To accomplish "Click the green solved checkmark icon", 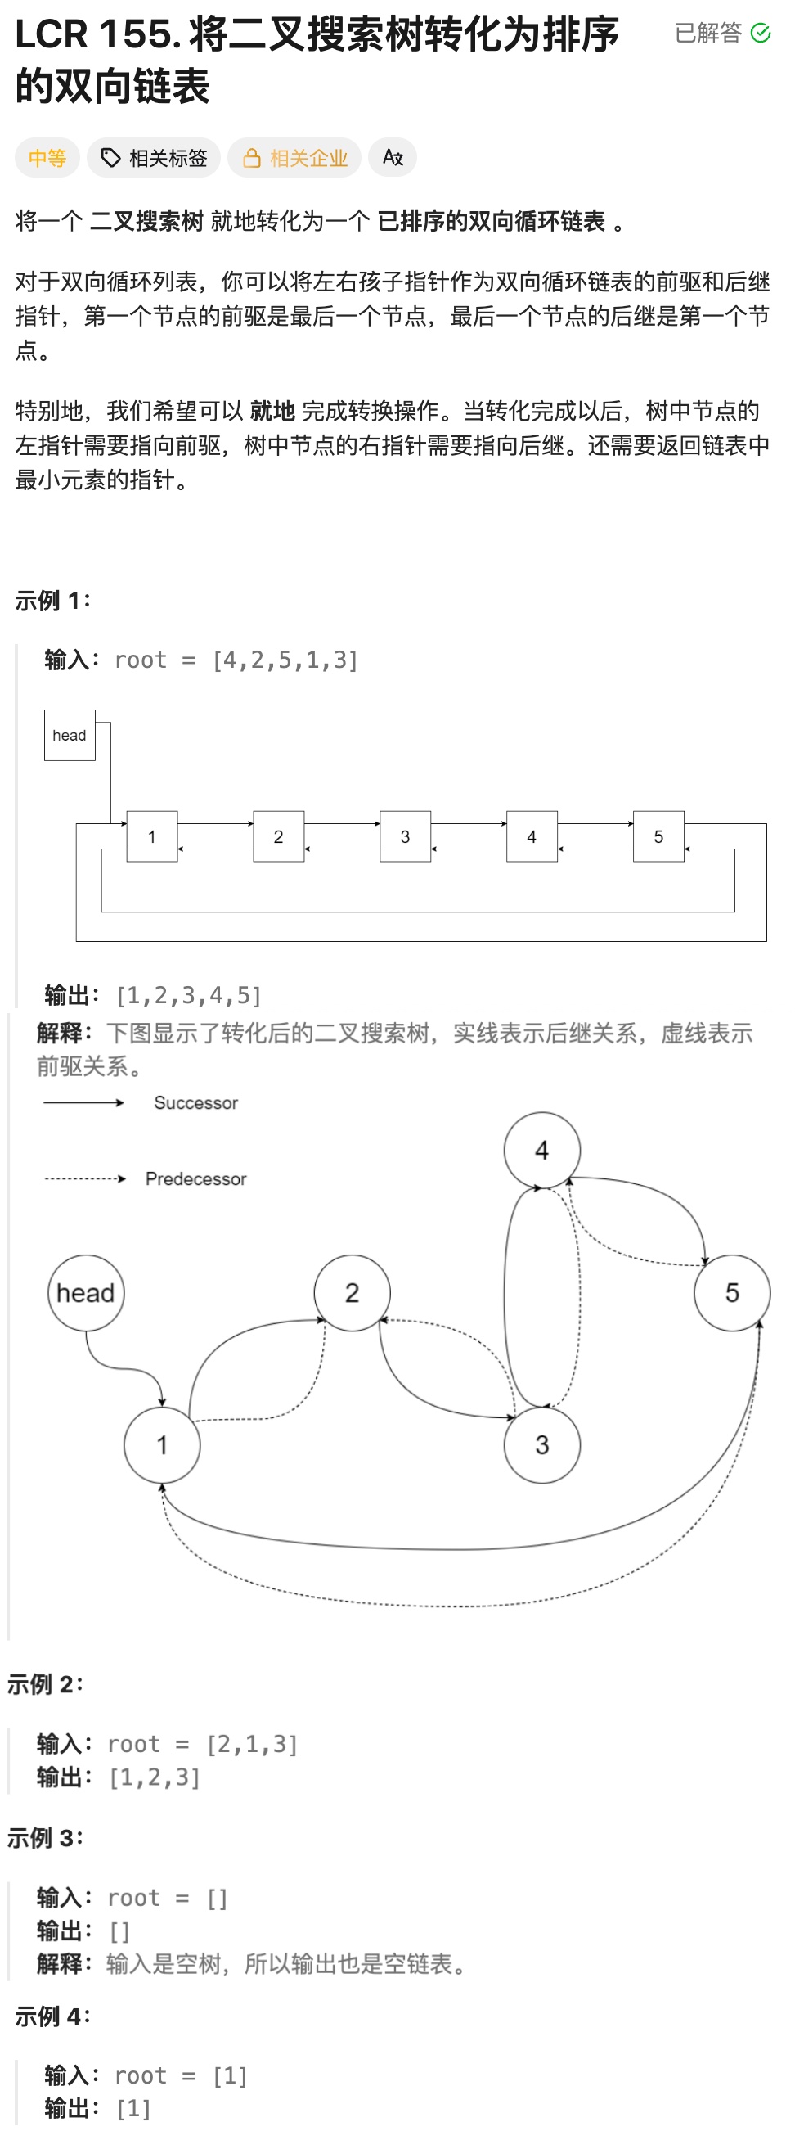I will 760,34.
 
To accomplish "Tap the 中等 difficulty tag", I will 47,158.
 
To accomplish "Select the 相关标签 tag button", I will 154,158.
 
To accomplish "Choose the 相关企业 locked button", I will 294,158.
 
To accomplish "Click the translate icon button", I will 392,158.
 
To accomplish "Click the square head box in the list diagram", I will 70,735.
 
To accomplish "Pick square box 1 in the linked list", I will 152,836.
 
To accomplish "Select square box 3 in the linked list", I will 406,836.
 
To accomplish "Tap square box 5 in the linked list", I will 658,836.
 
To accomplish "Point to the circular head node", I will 86,1293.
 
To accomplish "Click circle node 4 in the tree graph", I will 542,1151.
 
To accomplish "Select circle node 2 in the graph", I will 352,1293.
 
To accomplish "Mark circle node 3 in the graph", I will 542,1445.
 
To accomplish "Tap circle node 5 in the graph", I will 731,1293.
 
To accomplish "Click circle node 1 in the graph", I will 162,1445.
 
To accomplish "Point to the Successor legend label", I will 196,1103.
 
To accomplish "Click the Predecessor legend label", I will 196,1178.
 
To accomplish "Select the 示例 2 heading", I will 45,1684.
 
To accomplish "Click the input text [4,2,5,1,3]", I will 285,660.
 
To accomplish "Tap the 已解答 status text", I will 708,34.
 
